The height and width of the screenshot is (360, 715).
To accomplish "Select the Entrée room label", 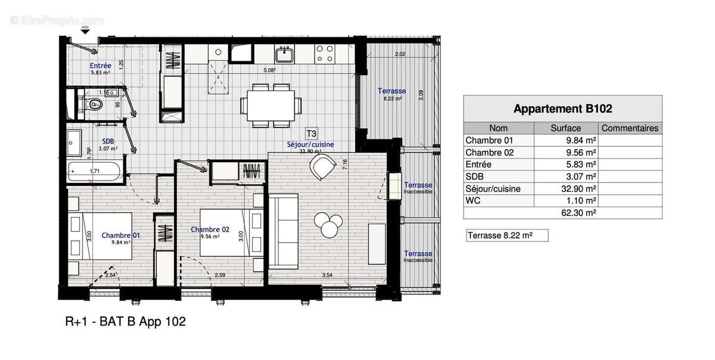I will (x=100, y=66).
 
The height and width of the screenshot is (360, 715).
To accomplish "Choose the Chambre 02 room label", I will (x=210, y=229).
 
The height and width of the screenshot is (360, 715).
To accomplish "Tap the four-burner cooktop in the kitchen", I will (x=325, y=55).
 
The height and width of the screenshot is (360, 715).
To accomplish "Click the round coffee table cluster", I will (x=328, y=223).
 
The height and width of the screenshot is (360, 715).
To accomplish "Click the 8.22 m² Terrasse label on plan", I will (x=391, y=91).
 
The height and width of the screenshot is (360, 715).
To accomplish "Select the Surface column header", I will (x=566, y=128).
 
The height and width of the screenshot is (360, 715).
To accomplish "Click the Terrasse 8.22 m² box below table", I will (x=505, y=235).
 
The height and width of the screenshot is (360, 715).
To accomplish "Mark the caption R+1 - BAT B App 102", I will (x=125, y=322).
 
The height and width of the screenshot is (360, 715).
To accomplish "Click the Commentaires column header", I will (x=630, y=128).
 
